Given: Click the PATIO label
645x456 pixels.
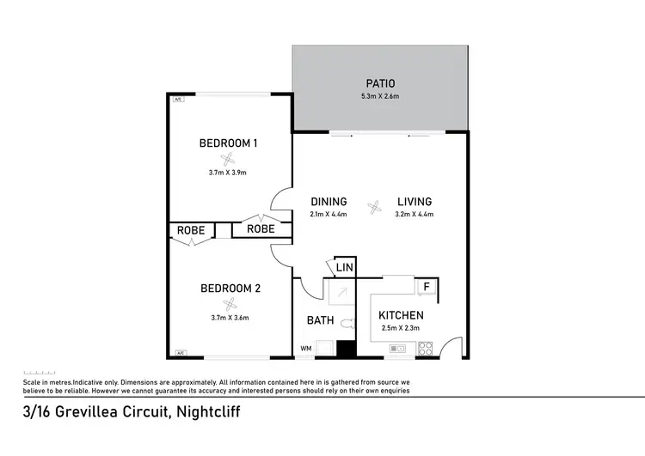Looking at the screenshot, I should point(379,83).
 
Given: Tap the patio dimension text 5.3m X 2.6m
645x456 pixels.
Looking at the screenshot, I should point(379,96).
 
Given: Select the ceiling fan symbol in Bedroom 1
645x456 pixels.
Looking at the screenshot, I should point(228,158).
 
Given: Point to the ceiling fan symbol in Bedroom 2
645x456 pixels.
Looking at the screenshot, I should point(229,303).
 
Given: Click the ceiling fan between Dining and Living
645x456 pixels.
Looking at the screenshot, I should point(374,207).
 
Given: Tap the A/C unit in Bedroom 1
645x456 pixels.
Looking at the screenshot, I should point(178,100).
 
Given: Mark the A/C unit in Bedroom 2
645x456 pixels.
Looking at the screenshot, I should point(181,353).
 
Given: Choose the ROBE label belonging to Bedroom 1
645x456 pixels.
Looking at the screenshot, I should point(261,229).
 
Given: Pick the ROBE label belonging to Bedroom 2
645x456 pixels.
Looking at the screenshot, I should point(191,230).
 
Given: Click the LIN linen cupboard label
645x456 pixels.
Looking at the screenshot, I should point(343,268).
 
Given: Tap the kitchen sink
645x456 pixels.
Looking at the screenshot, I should point(397,349).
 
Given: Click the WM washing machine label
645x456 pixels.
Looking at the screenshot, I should point(305,349).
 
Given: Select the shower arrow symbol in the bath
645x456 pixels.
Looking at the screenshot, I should point(341,293).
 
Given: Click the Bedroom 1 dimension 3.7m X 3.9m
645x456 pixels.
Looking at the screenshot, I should point(228,173).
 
